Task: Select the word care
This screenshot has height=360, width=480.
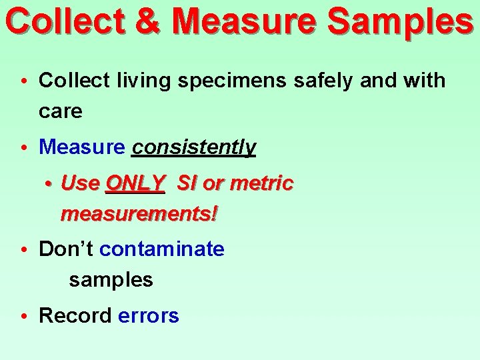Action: click(x=61, y=111)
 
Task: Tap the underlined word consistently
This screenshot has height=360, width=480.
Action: click(x=193, y=147)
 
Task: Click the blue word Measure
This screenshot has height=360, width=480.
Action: click(x=82, y=147)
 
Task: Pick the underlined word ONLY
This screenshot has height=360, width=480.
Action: click(x=135, y=183)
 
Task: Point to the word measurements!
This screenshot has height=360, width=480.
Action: click(x=139, y=214)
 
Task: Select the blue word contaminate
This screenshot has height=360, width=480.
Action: click(x=162, y=249)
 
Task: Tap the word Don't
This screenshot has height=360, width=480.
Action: click(x=66, y=249)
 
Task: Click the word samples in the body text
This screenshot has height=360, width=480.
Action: click(x=111, y=280)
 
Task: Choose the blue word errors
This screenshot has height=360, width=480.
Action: click(x=149, y=315)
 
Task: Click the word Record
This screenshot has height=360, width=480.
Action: click(x=75, y=315)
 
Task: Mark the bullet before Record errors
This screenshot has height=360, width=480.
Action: click(x=23, y=316)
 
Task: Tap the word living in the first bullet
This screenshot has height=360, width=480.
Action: click(x=141, y=81)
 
